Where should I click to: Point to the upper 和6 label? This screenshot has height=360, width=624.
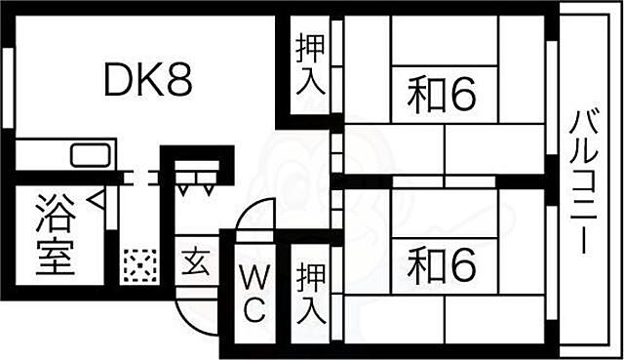[x=441, y=94]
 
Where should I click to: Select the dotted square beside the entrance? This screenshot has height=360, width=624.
[x=140, y=264]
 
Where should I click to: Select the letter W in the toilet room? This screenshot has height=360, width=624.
[x=253, y=276]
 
